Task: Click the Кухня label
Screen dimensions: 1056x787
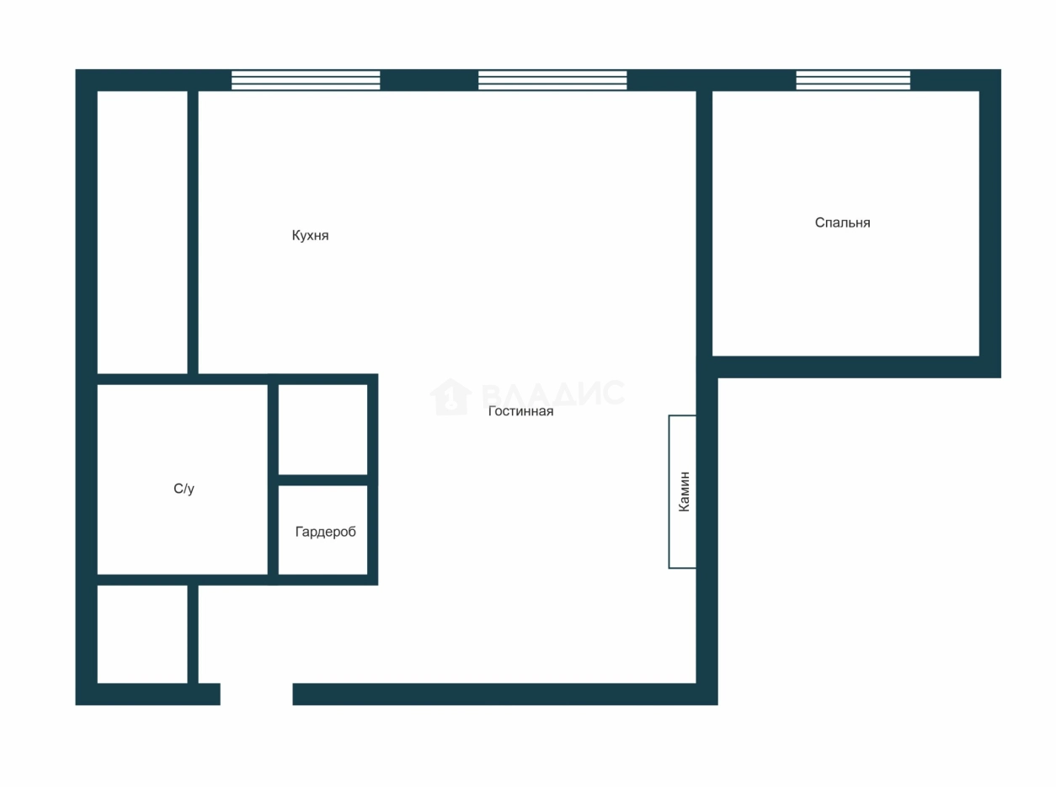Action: coord(310,235)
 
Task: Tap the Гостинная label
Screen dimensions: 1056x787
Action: coord(521,411)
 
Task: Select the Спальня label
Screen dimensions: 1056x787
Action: coord(842,222)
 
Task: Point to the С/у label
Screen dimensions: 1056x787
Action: coord(184,489)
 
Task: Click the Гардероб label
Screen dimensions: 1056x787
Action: coord(326,532)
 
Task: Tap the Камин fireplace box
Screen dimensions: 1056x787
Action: coord(682,491)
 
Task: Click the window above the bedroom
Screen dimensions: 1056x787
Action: coord(853,80)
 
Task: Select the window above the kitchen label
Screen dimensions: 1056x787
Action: coord(306,80)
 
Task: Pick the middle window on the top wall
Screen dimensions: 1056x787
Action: coord(552,80)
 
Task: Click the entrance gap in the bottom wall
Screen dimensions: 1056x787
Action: coord(256,694)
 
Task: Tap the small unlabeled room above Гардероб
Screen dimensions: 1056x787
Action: coord(323,430)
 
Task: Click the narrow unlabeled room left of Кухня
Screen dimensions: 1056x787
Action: coord(142,233)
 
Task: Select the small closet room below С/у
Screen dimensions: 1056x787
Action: coord(142,634)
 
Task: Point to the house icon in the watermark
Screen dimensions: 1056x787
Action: coord(451,397)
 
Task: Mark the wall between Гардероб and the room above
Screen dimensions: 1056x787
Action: coord(323,479)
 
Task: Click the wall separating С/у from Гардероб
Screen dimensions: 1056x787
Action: coord(273,479)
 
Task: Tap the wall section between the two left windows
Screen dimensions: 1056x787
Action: coord(429,80)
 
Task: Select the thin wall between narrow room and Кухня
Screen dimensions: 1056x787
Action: coord(193,233)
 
